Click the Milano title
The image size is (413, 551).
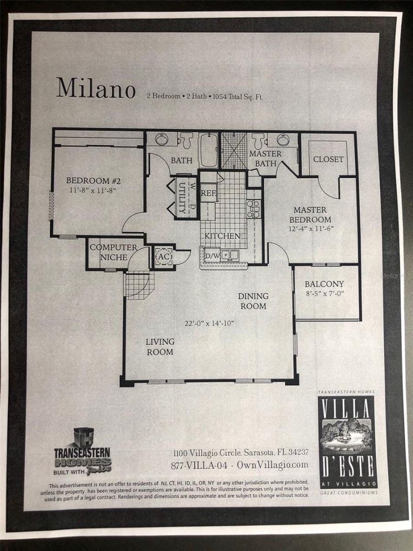click(x=96, y=88)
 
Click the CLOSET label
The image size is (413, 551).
click(x=328, y=160)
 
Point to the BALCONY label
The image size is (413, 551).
click(x=324, y=284)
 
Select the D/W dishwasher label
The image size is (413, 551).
click(x=212, y=256)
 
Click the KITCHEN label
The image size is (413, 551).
click(x=222, y=236)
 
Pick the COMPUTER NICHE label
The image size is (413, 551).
click(x=113, y=251)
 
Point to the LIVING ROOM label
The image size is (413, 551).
click(x=160, y=347)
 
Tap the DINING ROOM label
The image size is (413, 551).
click(x=252, y=301)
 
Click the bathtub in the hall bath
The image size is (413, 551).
click(x=209, y=150)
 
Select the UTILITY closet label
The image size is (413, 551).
click(x=182, y=197)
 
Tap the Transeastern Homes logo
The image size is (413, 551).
click(x=83, y=450)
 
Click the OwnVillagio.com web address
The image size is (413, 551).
click(x=273, y=465)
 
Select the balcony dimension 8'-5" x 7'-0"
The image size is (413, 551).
click(x=324, y=294)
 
